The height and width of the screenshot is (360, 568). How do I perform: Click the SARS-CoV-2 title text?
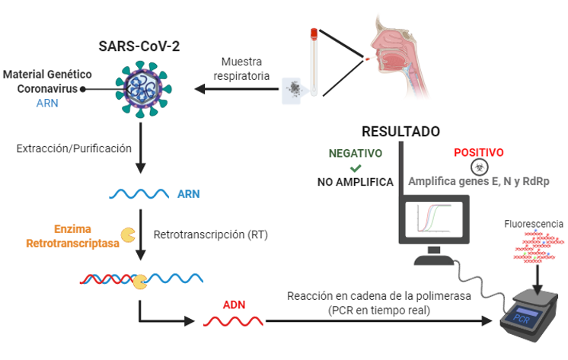click(139, 45)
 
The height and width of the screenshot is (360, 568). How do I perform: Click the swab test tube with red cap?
click(312, 61)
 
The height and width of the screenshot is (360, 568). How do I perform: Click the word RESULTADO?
click(400, 132)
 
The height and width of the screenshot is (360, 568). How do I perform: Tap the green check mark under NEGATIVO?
click(355, 167)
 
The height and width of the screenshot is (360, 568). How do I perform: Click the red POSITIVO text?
click(479, 152)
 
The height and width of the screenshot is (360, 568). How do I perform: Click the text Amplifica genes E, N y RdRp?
click(479, 182)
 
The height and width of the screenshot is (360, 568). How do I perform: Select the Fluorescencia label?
click(534, 224)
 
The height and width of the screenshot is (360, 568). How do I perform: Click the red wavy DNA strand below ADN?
click(233, 322)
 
